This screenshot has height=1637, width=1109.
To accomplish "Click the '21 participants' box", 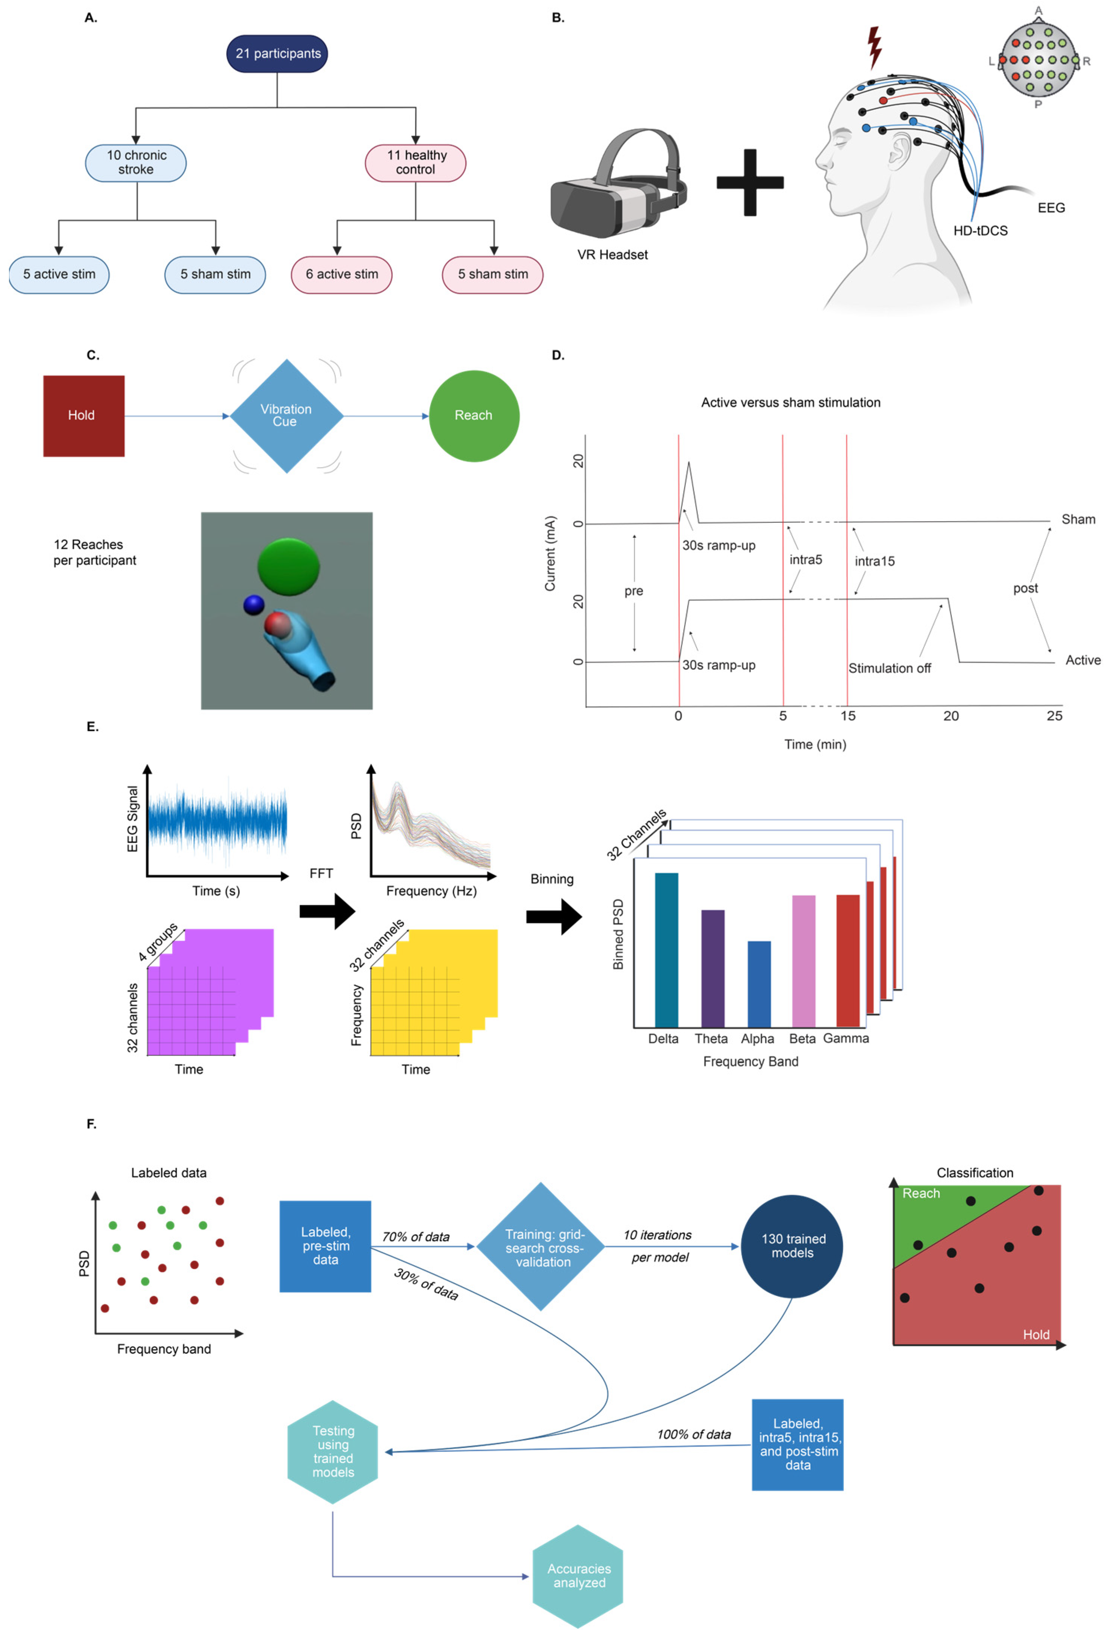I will point(277,54).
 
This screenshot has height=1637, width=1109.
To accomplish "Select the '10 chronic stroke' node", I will point(136,163).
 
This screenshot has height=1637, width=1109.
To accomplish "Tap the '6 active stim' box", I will point(341,274).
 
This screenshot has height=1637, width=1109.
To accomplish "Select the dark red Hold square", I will point(84,416).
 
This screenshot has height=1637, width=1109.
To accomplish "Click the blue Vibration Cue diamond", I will point(287,416).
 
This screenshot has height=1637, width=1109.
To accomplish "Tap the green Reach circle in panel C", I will point(474,416).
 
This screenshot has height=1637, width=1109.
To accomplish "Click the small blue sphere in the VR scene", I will point(254,605).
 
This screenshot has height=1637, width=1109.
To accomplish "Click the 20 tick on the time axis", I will point(951,716).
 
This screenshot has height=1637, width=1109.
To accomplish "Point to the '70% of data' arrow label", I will point(416,1236).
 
